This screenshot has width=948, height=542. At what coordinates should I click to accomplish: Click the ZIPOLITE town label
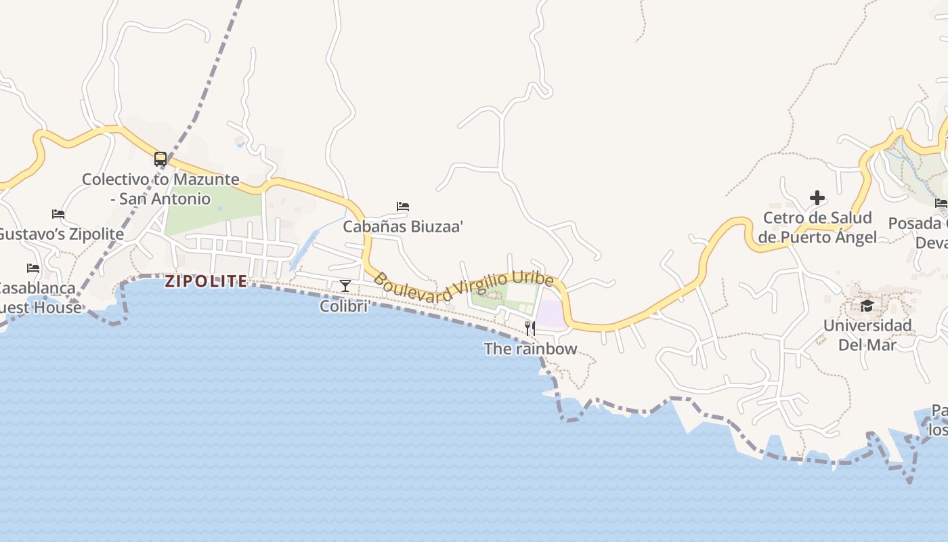[206, 281]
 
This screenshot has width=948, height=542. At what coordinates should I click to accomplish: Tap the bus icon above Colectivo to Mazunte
[160, 159]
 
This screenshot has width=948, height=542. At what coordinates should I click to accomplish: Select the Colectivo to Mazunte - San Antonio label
[160, 189]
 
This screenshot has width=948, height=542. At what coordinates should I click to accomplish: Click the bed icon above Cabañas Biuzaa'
[403, 207]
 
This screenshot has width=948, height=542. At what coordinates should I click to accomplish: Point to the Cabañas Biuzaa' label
[403, 226]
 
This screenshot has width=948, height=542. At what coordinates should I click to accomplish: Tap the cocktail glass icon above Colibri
[345, 286]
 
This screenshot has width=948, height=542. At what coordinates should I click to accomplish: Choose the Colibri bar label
[345, 306]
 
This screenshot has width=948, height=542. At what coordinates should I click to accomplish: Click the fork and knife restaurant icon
[530, 329]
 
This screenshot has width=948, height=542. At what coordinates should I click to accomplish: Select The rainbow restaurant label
[530, 349]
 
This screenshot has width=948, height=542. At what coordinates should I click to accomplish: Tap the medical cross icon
[817, 198]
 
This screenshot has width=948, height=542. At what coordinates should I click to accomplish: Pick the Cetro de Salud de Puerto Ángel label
[817, 228]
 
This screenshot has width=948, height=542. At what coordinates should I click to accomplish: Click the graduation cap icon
[867, 306]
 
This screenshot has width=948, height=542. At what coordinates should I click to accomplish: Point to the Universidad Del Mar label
[867, 335]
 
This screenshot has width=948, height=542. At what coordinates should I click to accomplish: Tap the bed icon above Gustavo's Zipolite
[58, 214]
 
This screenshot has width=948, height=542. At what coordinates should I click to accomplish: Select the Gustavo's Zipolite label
[61, 234]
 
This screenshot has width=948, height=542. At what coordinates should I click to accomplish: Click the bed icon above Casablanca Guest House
[33, 268]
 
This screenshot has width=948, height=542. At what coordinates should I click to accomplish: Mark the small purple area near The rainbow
[551, 314]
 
